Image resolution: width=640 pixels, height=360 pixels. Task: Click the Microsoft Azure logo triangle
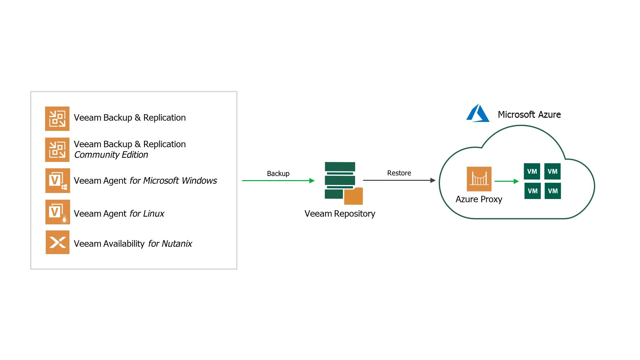[x=478, y=113]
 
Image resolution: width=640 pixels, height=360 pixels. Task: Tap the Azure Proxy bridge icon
[x=479, y=179]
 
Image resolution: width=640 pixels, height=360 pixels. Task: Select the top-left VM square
[x=532, y=172]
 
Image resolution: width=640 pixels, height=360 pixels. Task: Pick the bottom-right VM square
[x=553, y=191]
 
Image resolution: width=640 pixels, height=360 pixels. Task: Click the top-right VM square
[x=552, y=172]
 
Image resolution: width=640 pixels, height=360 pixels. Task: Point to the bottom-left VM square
[x=532, y=191]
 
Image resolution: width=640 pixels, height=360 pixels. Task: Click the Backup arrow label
[x=278, y=173]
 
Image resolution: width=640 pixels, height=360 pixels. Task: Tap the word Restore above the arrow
[x=399, y=173]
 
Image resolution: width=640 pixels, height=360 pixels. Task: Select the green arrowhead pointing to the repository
[x=312, y=181]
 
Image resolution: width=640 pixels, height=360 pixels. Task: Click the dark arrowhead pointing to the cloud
[x=433, y=180]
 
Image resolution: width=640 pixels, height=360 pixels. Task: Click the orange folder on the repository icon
[x=354, y=196]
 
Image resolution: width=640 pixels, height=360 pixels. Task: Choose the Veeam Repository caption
[x=340, y=213]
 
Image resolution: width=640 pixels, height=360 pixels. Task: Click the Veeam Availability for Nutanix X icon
[x=58, y=242]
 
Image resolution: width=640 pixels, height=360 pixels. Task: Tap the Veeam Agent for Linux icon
[x=58, y=212]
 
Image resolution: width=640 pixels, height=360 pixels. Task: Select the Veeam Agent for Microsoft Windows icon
[x=58, y=180]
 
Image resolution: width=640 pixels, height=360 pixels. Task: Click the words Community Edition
[x=111, y=155]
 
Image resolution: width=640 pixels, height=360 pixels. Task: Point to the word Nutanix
[x=177, y=244]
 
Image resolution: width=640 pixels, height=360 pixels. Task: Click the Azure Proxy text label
[x=479, y=199]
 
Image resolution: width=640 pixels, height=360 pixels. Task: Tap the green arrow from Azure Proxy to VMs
[x=507, y=181]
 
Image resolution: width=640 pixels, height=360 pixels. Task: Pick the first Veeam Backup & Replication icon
[x=57, y=119]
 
